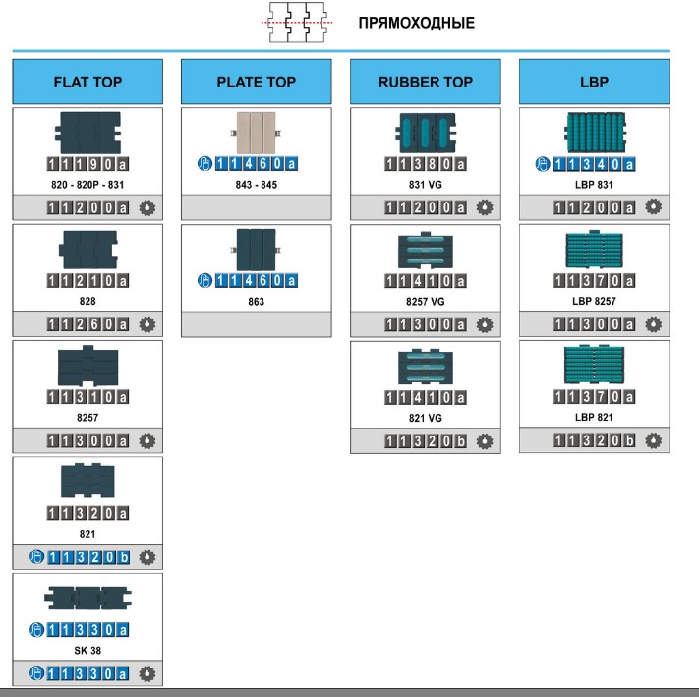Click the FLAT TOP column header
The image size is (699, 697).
tap(87, 82)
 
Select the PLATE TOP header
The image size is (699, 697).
tap(257, 82)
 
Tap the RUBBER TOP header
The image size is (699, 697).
tap(426, 82)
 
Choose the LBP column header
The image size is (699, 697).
tap(594, 82)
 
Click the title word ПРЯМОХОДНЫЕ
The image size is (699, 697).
tap(417, 23)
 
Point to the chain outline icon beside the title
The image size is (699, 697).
tap(297, 23)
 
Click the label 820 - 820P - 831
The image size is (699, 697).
tap(87, 185)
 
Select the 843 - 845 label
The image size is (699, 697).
tap(257, 185)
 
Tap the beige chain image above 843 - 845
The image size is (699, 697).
tap(256, 133)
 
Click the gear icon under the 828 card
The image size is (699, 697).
tap(147, 324)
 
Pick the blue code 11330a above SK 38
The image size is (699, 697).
tap(87, 630)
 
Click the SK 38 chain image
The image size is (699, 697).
tap(87, 598)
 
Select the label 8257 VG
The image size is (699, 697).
tap(426, 302)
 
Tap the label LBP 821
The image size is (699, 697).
tap(594, 417)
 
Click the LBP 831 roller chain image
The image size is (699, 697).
tap(595, 133)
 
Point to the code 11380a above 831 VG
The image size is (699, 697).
tap(426, 164)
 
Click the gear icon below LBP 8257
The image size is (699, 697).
tap(653, 324)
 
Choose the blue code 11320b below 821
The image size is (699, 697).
tap(88, 557)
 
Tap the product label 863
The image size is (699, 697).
tap(257, 302)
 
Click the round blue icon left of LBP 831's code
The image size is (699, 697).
tap(543, 164)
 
